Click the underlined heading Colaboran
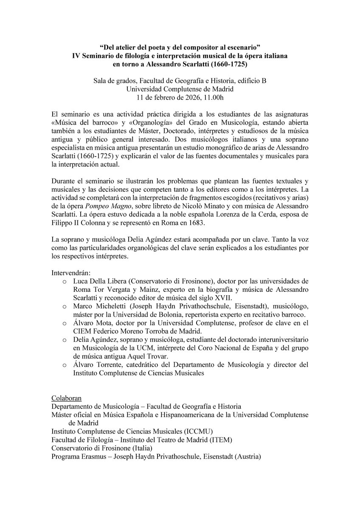click(x=66, y=397)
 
